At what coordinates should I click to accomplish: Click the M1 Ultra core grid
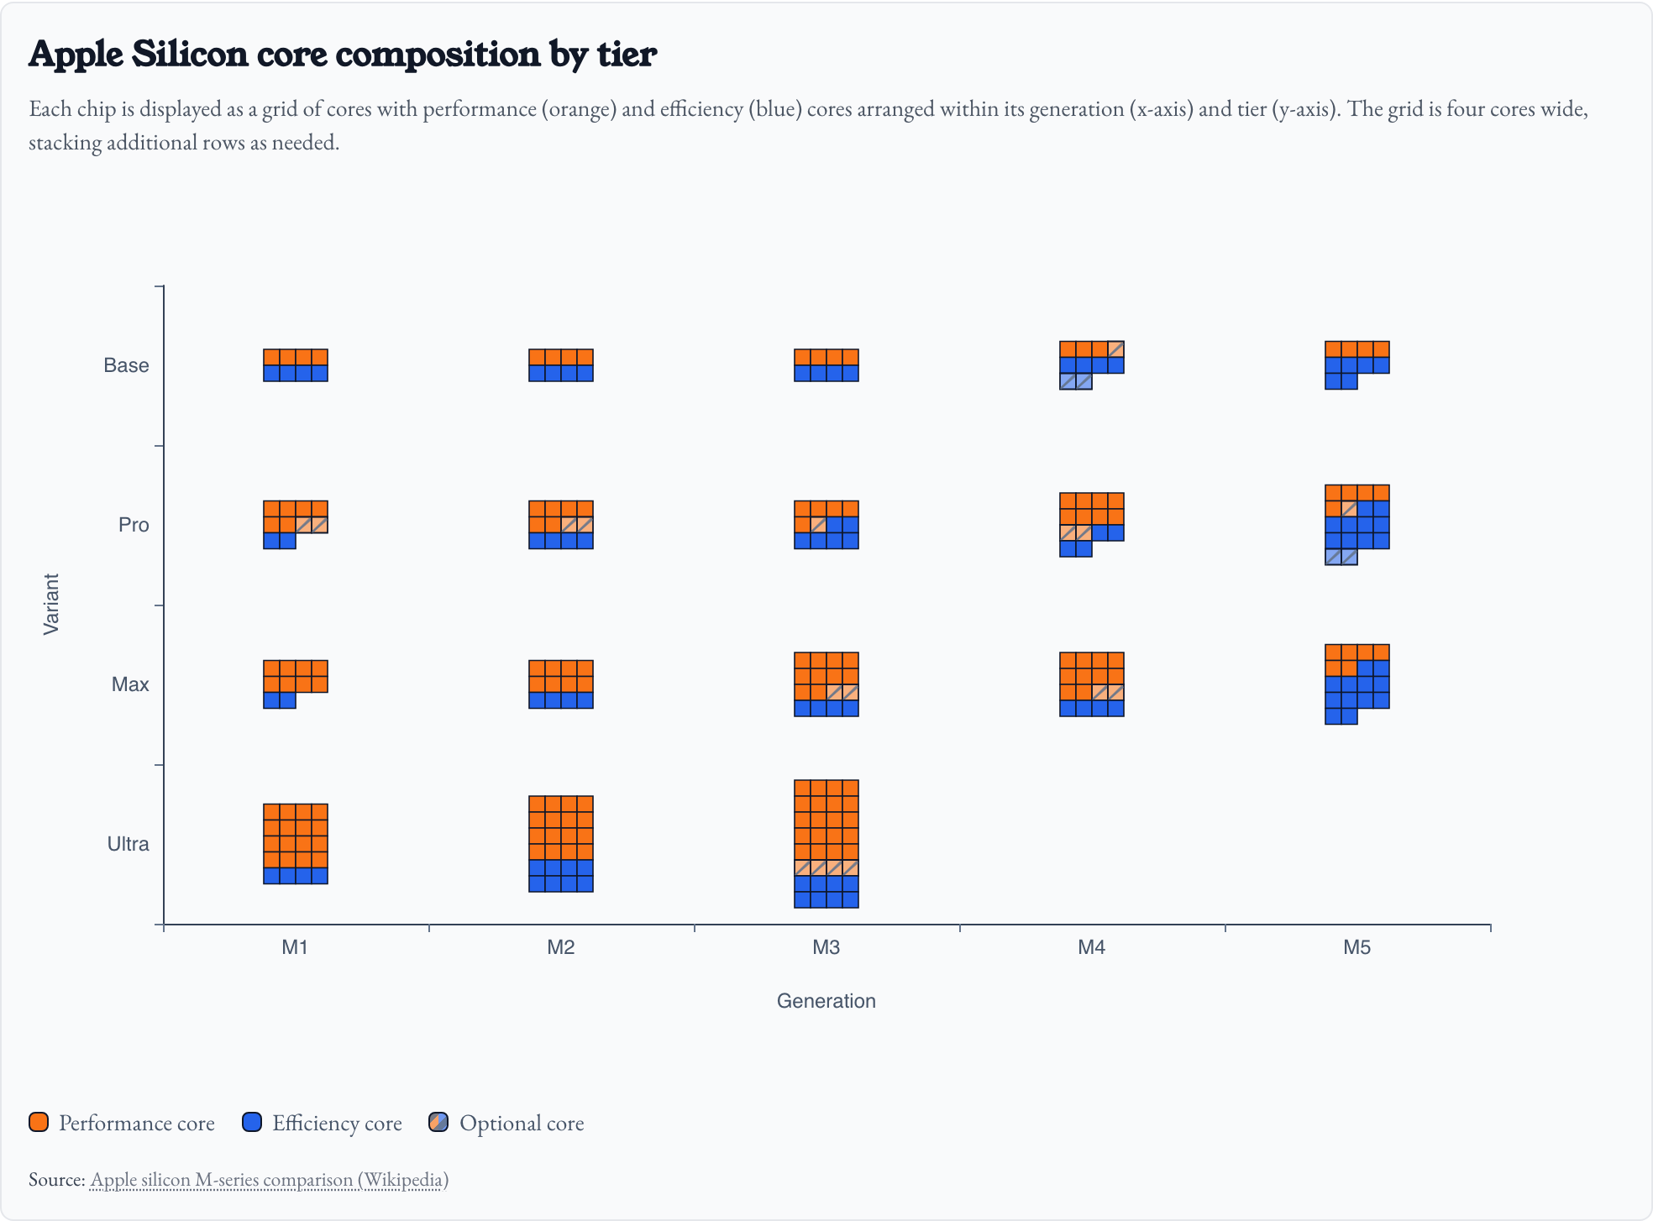[x=295, y=843]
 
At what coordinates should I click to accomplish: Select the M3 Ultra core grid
[x=826, y=843]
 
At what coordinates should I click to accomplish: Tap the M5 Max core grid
[x=1357, y=684]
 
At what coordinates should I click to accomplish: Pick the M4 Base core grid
[x=1091, y=364]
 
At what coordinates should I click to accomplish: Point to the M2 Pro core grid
[x=560, y=524]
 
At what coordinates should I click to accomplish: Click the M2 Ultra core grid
[x=560, y=843]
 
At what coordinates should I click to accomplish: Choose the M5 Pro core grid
[x=1357, y=524]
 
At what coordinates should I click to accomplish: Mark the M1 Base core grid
[x=295, y=364]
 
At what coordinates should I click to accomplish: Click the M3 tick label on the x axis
[x=826, y=947]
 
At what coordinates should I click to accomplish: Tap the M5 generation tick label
[x=1357, y=947]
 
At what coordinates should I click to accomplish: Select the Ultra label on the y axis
[x=128, y=844]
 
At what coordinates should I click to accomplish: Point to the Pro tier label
[x=134, y=525]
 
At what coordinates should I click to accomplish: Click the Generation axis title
[x=826, y=1000]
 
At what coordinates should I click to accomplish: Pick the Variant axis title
[x=51, y=604]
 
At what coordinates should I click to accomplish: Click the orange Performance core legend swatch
[x=39, y=1123]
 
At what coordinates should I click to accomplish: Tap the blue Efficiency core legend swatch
[x=252, y=1123]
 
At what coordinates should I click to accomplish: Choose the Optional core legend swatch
[x=438, y=1123]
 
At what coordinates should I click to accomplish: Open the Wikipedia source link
[x=269, y=1179]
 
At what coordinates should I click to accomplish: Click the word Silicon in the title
[x=190, y=54]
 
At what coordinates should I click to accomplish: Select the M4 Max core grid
[x=1091, y=684]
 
